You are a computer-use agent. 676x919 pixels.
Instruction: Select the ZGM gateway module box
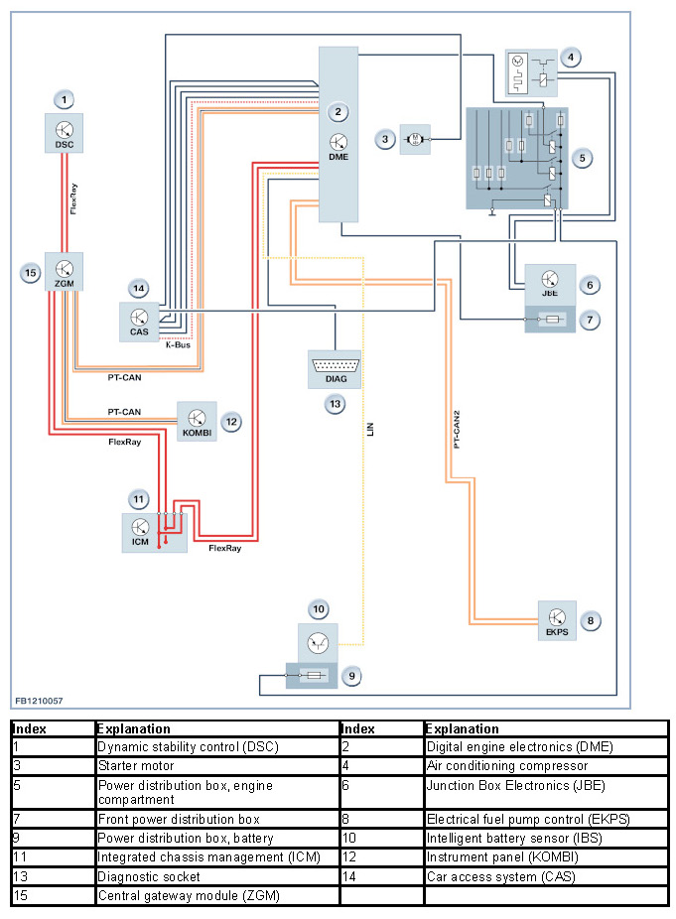click(64, 271)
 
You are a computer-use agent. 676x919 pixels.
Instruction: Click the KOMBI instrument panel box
click(197, 421)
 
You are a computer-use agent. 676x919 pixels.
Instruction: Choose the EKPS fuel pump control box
click(557, 621)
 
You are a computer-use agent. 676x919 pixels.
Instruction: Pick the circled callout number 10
click(318, 608)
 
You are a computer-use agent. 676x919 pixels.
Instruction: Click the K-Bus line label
click(178, 345)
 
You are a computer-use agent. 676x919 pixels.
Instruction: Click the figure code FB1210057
click(40, 701)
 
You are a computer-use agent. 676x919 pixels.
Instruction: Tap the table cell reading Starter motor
click(136, 766)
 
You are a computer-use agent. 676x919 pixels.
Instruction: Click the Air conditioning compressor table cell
click(506, 766)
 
